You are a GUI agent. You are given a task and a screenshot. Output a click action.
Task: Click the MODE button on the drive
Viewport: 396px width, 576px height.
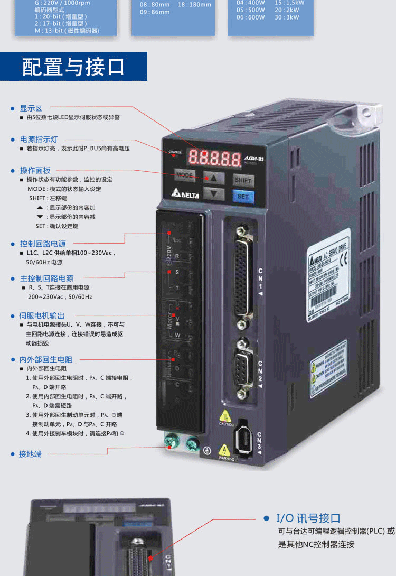[185, 175]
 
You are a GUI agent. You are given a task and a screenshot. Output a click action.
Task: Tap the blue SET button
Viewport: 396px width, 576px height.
[243, 197]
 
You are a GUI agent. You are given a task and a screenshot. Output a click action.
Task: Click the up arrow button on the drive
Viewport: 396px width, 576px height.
[213, 178]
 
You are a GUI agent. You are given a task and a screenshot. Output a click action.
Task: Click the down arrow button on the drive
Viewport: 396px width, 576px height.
[213, 194]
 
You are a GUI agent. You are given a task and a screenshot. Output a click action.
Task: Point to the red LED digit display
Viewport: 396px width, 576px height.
[213, 156]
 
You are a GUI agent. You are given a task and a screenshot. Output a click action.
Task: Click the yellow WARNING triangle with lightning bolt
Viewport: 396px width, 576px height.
[224, 450]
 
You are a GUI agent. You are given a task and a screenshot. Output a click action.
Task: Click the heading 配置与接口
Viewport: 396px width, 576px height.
[73, 67]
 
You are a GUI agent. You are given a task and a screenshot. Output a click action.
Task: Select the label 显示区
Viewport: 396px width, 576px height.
[31, 108]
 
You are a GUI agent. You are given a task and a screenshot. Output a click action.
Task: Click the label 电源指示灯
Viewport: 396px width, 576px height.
[39, 139]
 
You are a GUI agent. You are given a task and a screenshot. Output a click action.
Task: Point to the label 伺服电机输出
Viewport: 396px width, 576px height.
[42, 315]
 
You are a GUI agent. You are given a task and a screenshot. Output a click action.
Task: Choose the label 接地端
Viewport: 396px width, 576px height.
[30, 453]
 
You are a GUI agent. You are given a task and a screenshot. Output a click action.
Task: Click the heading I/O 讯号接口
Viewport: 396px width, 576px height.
[308, 518]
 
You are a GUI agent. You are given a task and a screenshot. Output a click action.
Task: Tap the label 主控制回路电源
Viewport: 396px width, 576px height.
[46, 278]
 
